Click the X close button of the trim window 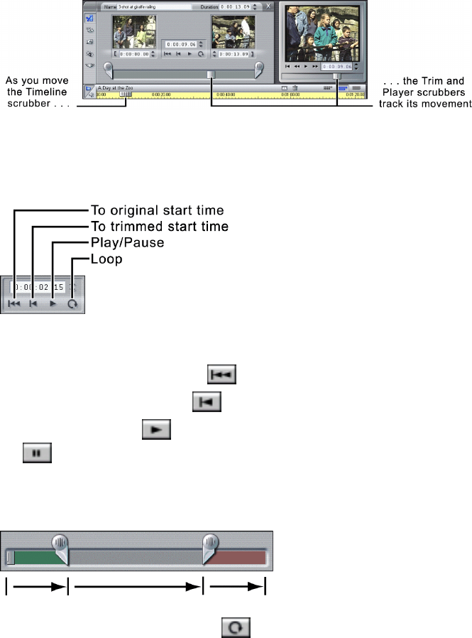pyautogui.click(x=268, y=6)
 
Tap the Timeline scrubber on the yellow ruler pyautogui.click(x=126, y=93)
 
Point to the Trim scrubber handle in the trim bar pyautogui.click(x=211, y=74)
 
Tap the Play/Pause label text pyautogui.click(x=128, y=243)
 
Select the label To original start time pyautogui.click(x=158, y=210)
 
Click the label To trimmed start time pyautogui.click(x=160, y=227)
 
